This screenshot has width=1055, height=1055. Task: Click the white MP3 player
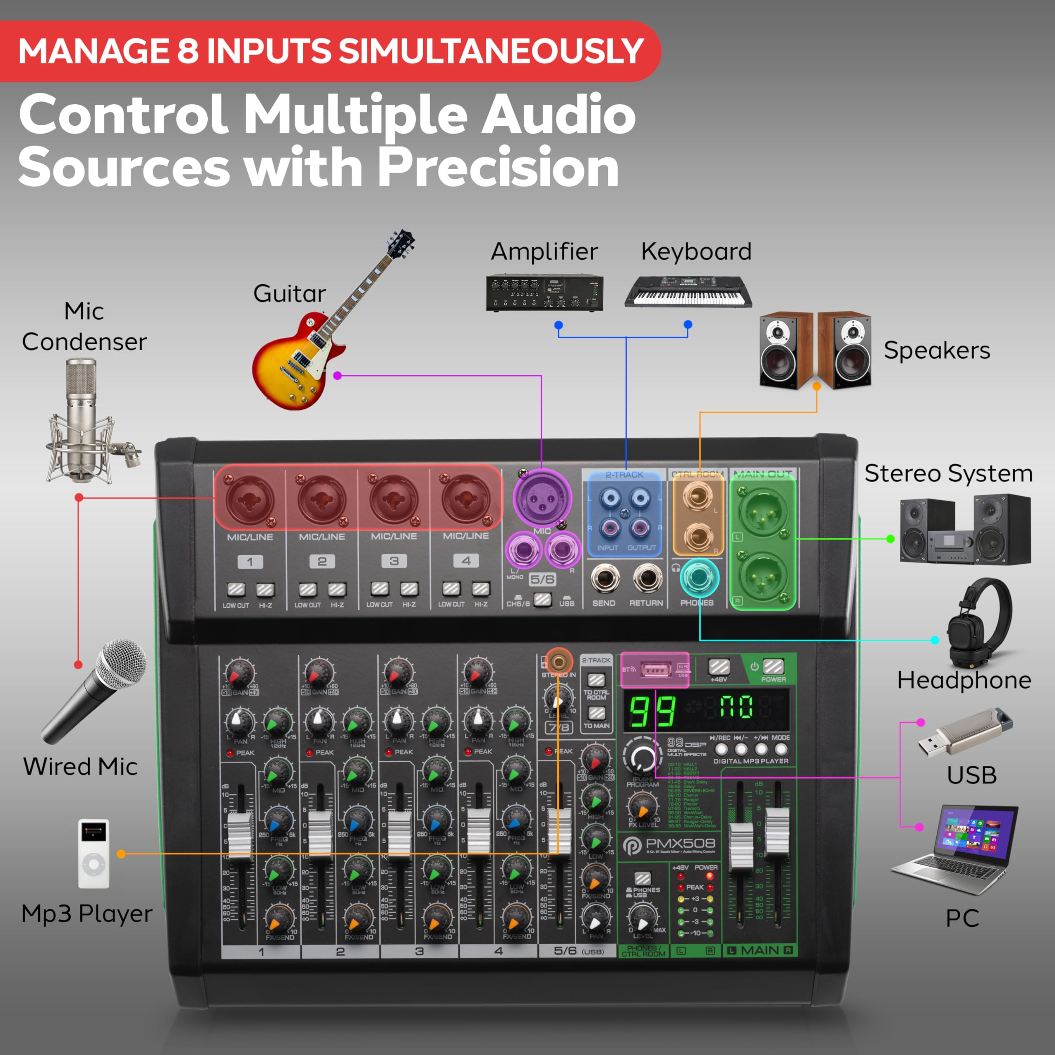pyautogui.click(x=94, y=853)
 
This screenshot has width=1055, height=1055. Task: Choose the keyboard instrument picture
pyautogui.click(x=688, y=292)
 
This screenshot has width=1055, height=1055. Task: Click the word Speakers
pyautogui.click(x=936, y=350)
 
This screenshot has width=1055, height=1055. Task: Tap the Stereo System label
pyautogui.click(x=949, y=473)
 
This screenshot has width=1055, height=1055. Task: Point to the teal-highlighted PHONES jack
pyautogui.click(x=699, y=578)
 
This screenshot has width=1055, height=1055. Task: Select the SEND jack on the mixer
pyautogui.click(x=605, y=578)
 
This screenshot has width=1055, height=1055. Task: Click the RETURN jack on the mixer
pyautogui.click(x=647, y=578)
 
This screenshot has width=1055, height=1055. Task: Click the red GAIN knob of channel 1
pyautogui.click(x=240, y=674)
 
